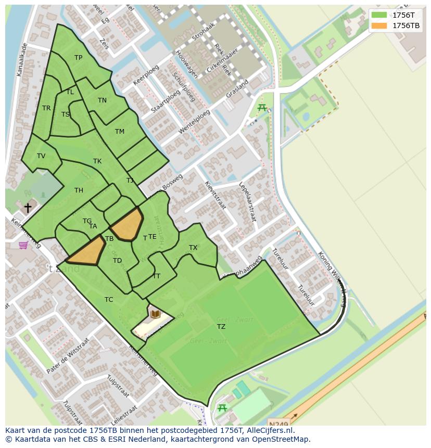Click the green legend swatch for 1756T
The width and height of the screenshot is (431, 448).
[x=379, y=15]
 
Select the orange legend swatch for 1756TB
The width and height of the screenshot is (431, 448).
[x=379, y=25]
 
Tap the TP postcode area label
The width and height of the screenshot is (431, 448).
[x=78, y=58]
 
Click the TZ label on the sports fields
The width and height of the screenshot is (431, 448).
[x=221, y=327]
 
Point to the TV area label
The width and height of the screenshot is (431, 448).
[x=41, y=156]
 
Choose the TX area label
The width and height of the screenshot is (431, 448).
[x=193, y=248]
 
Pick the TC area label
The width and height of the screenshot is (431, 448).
[x=109, y=300]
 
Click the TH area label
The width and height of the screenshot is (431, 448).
[x=79, y=190]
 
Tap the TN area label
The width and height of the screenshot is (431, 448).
[x=102, y=100]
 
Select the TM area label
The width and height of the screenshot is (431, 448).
[x=120, y=132]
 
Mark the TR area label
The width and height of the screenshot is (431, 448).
[x=46, y=108]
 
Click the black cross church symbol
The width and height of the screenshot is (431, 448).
[x=28, y=208]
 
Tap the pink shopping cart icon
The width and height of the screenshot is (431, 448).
[x=23, y=245]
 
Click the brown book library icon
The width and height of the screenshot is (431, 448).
[x=155, y=314]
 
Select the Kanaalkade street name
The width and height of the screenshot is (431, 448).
[x=22, y=60]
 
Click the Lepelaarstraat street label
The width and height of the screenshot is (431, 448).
[x=248, y=202]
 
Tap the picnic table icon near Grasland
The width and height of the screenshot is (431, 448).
[x=262, y=108]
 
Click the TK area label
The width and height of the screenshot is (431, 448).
[x=97, y=161]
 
